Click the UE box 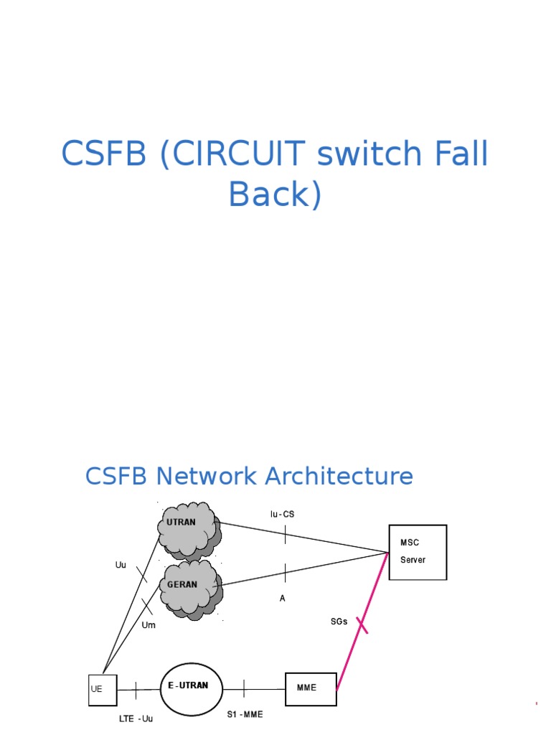coord(103,690)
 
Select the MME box coord(311,688)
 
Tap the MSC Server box coord(418,552)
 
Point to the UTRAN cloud coord(187,529)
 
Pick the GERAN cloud coord(189,586)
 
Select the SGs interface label coord(339,622)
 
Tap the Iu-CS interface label coord(282,515)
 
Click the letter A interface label coord(283,597)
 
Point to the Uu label coord(121,565)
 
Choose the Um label coord(149,625)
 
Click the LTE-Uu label coord(136,718)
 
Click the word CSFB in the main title coord(105,154)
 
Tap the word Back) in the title coord(275,194)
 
